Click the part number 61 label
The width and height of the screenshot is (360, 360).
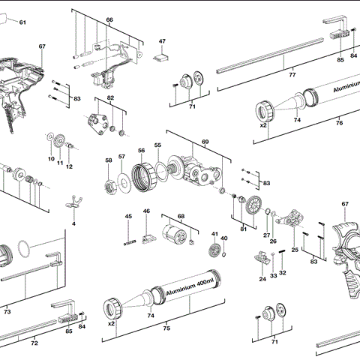coord(22,22)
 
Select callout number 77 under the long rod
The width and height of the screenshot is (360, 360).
coord(292,76)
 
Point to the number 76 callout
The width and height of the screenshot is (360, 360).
coord(339,123)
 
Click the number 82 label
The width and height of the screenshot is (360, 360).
coord(110,98)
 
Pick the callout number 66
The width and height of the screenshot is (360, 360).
coord(109,19)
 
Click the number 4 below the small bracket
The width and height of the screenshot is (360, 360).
coord(73,223)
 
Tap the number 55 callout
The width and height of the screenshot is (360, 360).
coord(157,145)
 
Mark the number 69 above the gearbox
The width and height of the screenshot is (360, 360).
coord(205,142)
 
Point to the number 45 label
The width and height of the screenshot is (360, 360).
coord(128,217)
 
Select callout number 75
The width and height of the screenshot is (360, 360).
coord(166,328)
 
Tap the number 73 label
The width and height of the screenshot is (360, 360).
coord(7,310)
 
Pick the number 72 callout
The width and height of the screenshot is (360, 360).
coord(34,343)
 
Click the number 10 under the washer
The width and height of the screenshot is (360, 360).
coord(52,158)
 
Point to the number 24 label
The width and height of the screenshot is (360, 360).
coord(262,279)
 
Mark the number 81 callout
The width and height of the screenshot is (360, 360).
coord(243,229)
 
